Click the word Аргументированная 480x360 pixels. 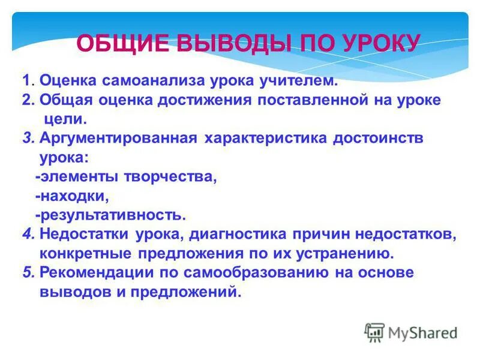118,138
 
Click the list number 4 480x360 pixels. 27,235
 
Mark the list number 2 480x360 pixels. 27,100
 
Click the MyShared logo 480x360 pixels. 411,332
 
